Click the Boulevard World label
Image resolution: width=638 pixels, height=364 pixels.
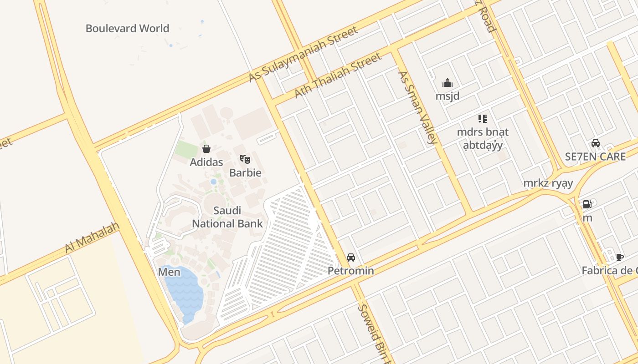tap(127, 28)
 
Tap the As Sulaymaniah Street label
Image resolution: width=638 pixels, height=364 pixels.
tap(303, 54)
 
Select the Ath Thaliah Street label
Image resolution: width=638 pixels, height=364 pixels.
tap(338, 76)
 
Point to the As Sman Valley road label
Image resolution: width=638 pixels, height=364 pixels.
tap(417, 107)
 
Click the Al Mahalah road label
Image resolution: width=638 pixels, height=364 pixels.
tap(92, 238)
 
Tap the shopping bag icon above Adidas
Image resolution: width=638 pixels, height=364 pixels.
tap(206, 149)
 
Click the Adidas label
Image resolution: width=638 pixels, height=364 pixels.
tap(206, 162)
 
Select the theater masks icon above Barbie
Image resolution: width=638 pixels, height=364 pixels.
tap(245, 159)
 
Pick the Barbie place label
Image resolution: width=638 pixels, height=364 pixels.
tap(245, 173)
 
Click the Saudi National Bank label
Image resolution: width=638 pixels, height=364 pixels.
tap(227, 217)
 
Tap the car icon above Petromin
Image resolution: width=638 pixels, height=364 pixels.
tap(351, 258)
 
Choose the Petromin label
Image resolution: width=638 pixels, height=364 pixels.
tap(351, 271)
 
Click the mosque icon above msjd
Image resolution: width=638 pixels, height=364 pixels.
tap(448, 83)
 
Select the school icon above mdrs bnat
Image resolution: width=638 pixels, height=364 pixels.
tap(483, 119)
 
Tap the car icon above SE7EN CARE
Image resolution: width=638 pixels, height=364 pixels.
tap(595, 143)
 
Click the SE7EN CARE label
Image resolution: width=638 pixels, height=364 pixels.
tap(595, 157)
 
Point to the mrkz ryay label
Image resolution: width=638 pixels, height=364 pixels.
tap(548, 183)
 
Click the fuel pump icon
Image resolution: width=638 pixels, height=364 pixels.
tap(587, 204)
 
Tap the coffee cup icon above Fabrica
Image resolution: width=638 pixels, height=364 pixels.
tap(619, 257)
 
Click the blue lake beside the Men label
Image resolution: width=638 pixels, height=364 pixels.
tap(185, 291)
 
